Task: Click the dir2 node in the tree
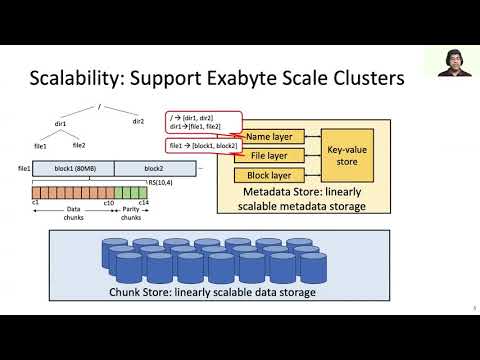point(139,122)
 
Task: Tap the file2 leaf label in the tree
point(79,147)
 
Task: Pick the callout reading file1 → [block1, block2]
point(192,147)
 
